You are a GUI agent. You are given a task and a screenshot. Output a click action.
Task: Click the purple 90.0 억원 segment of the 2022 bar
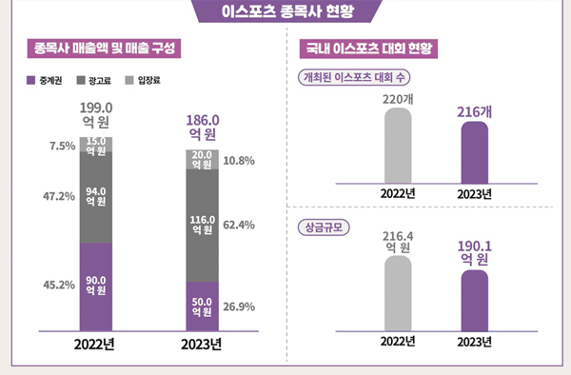[95, 284]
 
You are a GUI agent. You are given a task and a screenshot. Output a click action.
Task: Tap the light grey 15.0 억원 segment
[95, 144]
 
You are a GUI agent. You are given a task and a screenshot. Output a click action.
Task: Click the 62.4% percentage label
[238, 226]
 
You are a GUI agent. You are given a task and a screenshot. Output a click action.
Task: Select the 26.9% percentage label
[238, 306]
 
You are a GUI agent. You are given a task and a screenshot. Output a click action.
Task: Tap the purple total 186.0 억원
[204, 128]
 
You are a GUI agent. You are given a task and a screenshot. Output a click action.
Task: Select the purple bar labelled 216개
[475, 152]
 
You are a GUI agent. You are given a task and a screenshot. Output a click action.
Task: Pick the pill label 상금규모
[325, 227]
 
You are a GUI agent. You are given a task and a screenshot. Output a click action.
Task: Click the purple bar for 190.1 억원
[475, 299]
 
